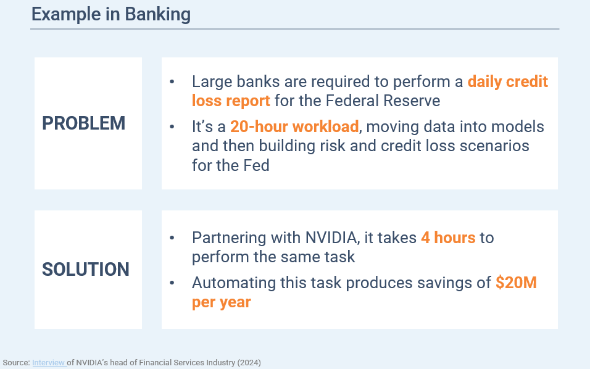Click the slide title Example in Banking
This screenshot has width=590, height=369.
tap(111, 14)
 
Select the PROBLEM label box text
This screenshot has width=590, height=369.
tap(83, 123)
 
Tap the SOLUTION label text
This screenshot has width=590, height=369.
tap(86, 269)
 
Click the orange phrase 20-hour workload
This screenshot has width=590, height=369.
tap(294, 126)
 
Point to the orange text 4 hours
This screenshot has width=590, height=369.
tap(448, 238)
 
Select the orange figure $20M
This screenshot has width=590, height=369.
tap(517, 283)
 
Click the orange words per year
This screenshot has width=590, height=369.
tap(221, 302)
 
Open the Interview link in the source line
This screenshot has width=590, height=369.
tap(49, 363)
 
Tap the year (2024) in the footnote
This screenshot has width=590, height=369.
tap(249, 363)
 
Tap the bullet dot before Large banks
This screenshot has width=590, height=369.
tap(172, 81)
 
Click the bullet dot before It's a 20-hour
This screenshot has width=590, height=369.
tap(172, 127)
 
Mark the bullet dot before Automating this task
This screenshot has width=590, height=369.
tap(172, 283)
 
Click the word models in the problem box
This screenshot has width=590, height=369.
tap(516, 126)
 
